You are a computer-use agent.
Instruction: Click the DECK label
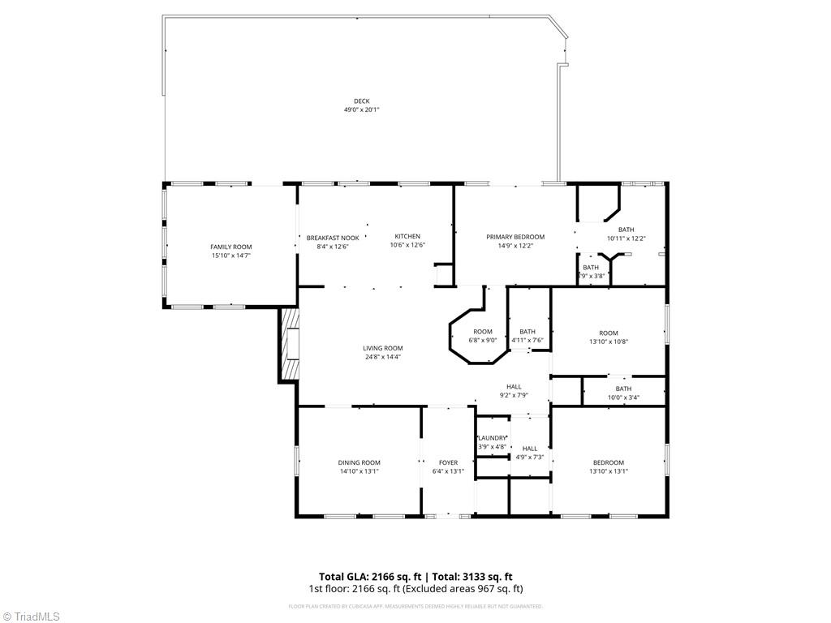pos(361,101)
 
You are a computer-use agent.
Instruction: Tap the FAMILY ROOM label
pos(231,247)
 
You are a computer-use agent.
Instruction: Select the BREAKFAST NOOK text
pos(327,237)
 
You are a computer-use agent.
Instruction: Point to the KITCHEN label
pos(407,237)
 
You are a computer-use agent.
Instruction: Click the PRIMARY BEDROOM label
pos(515,237)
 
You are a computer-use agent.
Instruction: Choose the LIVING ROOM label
pos(382,348)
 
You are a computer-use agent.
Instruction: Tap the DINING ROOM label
pos(359,462)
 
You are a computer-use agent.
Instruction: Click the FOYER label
pos(448,462)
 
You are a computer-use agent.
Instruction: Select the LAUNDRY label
pos(492,438)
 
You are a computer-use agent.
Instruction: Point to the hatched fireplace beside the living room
pos(289,343)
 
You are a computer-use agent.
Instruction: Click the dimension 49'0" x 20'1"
pos(361,110)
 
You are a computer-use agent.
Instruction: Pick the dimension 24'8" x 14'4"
pos(382,356)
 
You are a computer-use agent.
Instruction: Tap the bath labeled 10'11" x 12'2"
pos(626,234)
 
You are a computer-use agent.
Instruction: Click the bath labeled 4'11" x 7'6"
pos(527,336)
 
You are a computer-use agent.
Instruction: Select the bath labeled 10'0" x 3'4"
pos(623,393)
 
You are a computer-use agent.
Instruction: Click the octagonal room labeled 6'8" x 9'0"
pos(483,336)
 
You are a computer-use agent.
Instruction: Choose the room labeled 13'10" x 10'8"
pos(609,337)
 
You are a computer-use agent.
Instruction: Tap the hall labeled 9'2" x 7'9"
pos(514,391)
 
